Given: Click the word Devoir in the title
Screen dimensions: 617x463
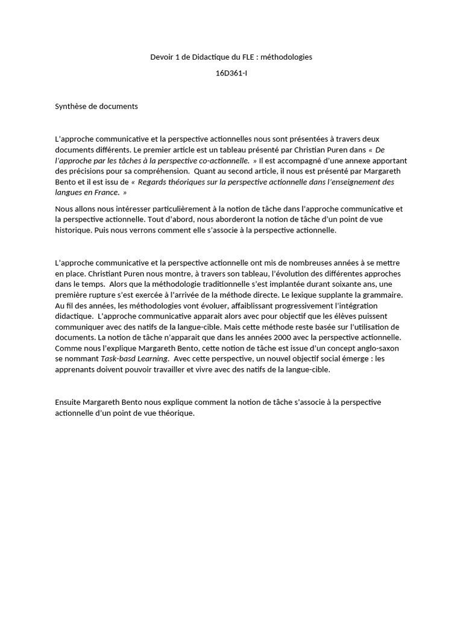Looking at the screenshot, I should click(161, 57).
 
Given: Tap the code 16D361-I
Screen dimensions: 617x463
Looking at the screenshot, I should click(231, 74).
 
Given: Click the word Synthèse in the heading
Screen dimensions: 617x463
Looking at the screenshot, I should click(71, 107).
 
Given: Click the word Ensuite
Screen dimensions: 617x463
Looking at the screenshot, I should click(68, 402).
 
